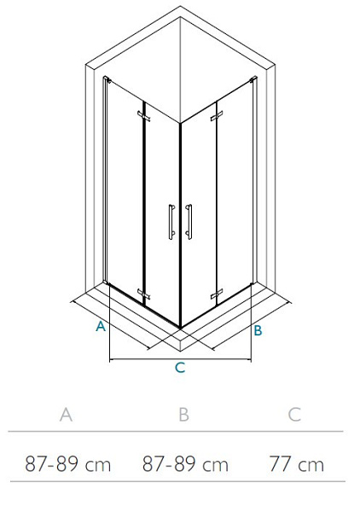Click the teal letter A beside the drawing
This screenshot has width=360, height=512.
tap(101, 326)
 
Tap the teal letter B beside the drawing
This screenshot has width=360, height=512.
tap(258, 330)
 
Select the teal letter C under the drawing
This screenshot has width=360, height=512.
tap(180, 367)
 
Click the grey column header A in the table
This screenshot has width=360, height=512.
tap(66, 415)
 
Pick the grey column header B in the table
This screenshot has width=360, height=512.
tap(183, 415)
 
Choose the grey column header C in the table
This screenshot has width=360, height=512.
tap(294, 415)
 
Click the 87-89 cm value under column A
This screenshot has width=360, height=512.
tap(68, 464)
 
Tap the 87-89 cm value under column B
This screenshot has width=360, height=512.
tap(185, 464)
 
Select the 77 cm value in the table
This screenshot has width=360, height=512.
tap(296, 464)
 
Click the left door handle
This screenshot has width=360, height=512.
tap(171, 222)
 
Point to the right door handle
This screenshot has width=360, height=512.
tap(189, 222)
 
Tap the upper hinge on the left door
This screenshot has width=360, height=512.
tap(143, 116)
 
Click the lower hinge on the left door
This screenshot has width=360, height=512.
tap(143, 294)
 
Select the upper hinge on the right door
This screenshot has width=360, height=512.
tap(217, 115)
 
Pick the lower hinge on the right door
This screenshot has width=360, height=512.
tap(217, 294)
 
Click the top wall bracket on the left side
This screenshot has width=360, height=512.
tap(107, 79)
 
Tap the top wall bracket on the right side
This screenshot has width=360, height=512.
tap(253, 79)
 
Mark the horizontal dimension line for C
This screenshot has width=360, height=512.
tap(181, 360)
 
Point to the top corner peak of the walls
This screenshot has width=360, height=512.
tap(180, 6)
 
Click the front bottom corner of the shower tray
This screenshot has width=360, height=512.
tap(180, 351)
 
